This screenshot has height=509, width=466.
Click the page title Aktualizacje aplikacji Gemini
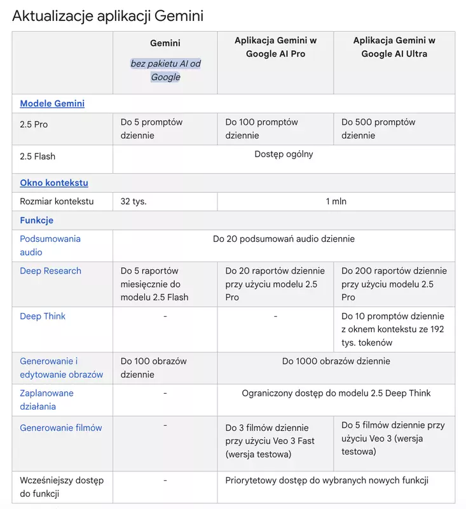pyautogui.click(x=107, y=15)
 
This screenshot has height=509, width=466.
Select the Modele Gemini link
pyautogui.click(x=52, y=104)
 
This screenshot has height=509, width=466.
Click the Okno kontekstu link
pyautogui.click(x=54, y=183)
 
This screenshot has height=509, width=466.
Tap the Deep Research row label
pyautogui.click(x=51, y=271)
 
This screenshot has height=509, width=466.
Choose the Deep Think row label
pyautogui.click(x=43, y=316)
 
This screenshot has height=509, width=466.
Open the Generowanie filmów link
pyautogui.click(x=61, y=428)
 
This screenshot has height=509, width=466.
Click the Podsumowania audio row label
pyautogui.click(x=50, y=246)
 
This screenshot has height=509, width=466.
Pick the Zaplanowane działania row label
pyautogui.click(x=47, y=400)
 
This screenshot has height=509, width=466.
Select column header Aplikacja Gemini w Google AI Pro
pyautogui.click(x=275, y=47)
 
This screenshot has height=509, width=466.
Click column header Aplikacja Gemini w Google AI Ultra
pyautogui.click(x=394, y=47)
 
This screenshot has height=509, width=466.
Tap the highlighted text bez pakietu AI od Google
pyautogui.click(x=165, y=70)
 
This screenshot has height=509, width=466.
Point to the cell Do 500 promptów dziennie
pyautogui.click(x=378, y=129)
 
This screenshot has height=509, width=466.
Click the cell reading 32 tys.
pyautogui.click(x=134, y=202)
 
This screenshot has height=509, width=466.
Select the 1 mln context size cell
pyautogui.click(x=336, y=202)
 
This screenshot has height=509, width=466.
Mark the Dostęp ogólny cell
pyautogui.click(x=284, y=154)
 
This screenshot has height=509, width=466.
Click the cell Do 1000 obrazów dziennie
pyautogui.click(x=336, y=361)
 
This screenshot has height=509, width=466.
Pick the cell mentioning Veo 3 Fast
pyautogui.click(x=270, y=441)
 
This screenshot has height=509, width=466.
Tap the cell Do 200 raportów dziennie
pyautogui.click(x=394, y=284)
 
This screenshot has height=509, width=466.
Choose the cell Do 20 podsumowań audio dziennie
pyautogui.click(x=284, y=239)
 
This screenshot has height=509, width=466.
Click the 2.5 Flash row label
pyautogui.click(x=38, y=157)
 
